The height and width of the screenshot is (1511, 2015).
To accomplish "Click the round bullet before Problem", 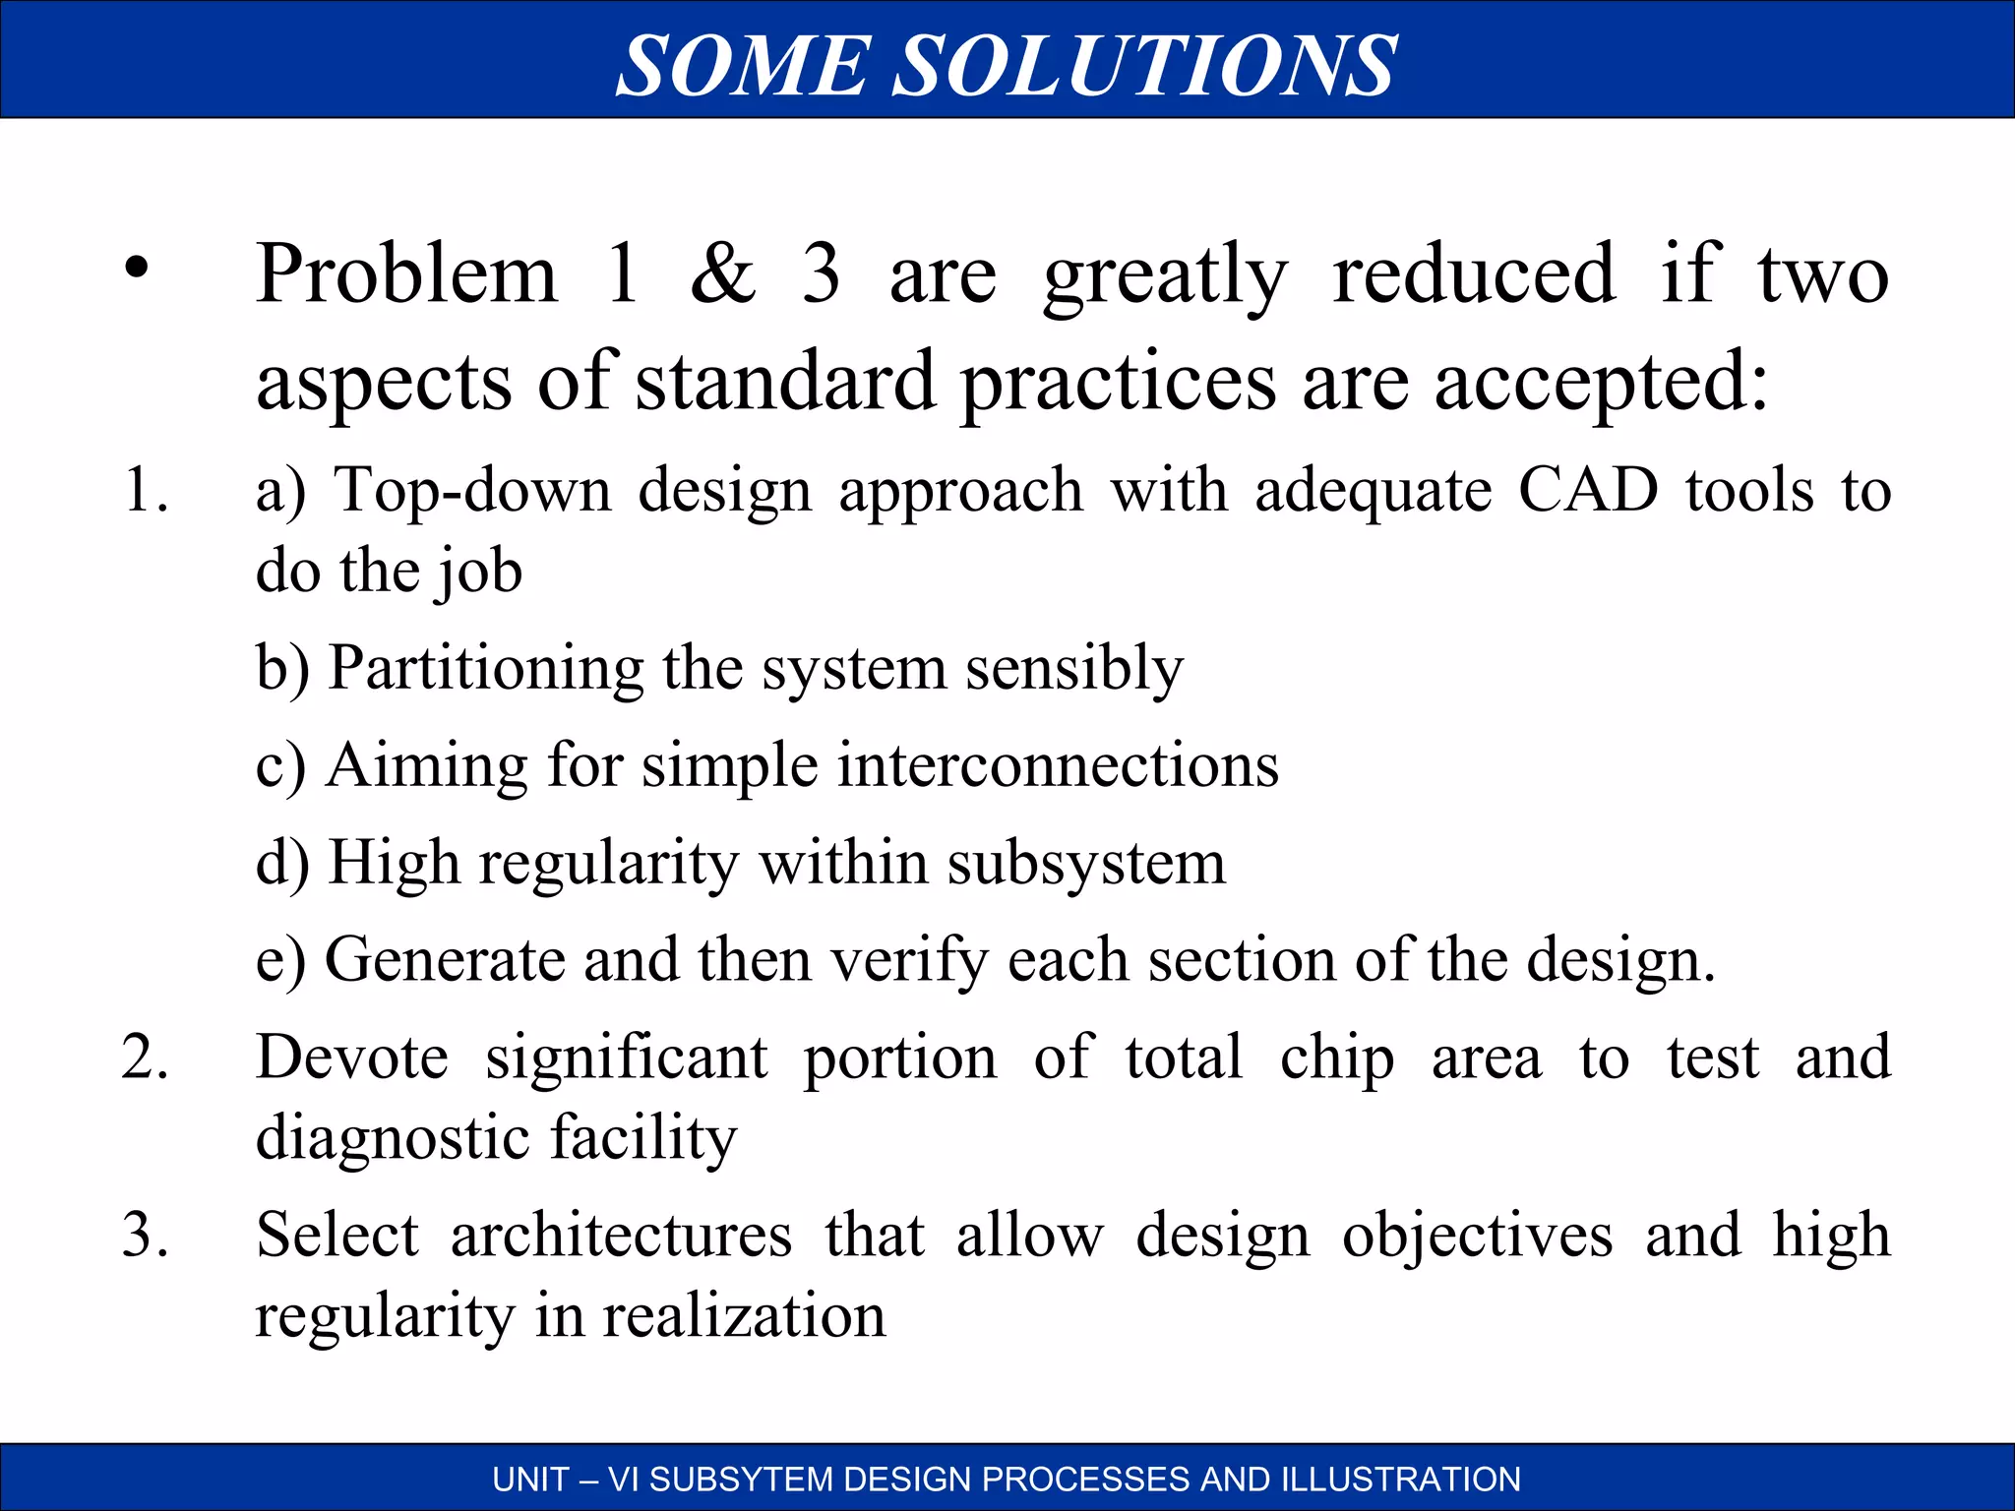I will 137,268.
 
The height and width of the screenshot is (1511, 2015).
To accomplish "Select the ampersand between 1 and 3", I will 723,273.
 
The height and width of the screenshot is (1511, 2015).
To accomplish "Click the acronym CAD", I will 1588,489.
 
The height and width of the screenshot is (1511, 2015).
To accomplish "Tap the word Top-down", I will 472,489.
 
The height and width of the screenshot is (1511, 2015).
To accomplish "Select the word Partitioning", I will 485,669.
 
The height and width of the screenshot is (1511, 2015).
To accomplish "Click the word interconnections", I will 1058,765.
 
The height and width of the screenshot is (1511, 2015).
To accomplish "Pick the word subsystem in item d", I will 1086,864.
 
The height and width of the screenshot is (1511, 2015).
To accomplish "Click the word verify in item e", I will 909,961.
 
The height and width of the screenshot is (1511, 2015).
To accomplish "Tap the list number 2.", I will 144,1058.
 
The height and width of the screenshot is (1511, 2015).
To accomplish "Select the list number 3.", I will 144,1235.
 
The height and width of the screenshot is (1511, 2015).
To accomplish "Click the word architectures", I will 621,1236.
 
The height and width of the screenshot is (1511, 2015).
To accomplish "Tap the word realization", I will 743,1316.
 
